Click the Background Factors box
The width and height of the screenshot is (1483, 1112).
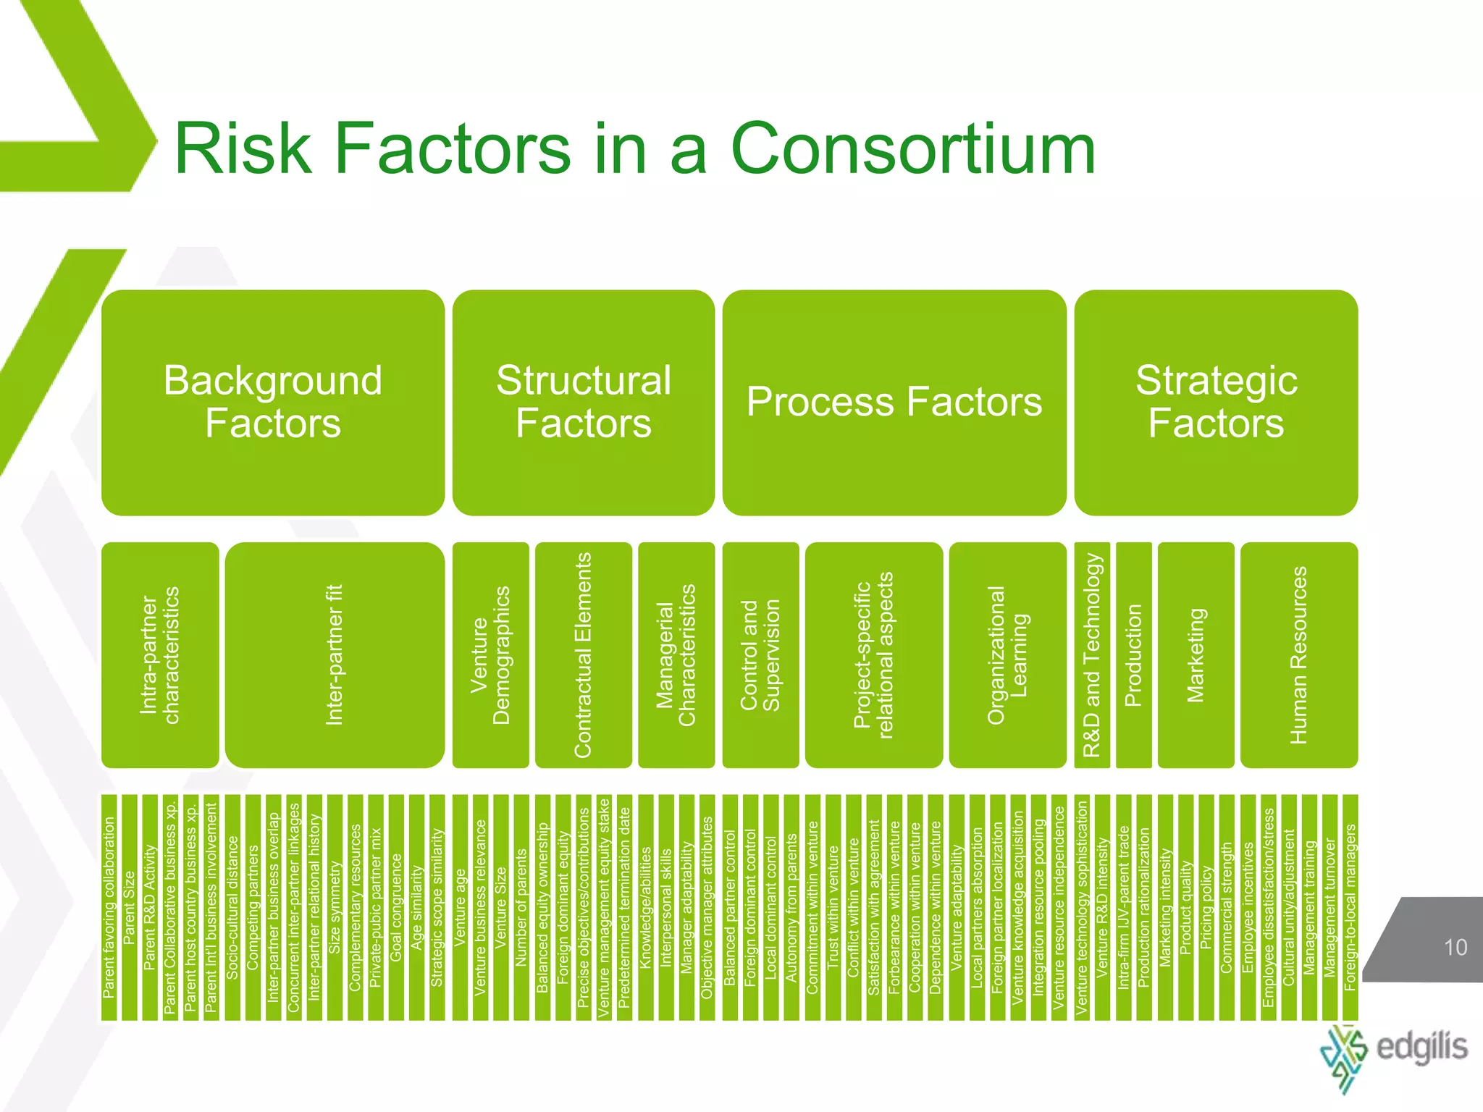(x=272, y=403)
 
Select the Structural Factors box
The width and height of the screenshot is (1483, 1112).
(x=583, y=403)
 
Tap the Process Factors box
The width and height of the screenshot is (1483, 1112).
(x=894, y=403)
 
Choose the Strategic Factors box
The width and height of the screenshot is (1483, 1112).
(x=1216, y=403)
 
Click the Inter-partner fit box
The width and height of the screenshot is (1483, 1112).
(x=335, y=654)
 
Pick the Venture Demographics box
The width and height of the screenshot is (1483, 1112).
(x=490, y=654)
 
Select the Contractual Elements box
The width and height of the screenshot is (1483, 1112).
(x=583, y=654)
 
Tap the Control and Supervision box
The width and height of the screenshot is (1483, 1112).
(x=760, y=654)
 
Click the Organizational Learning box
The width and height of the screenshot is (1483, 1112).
(x=1007, y=654)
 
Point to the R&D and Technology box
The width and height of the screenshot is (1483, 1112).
(x=1092, y=654)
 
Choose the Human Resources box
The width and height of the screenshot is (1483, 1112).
(x=1299, y=654)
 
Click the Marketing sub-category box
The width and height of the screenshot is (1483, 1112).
(x=1196, y=654)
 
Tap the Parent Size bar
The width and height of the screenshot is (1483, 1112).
(x=130, y=908)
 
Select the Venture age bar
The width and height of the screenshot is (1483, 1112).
(x=460, y=908)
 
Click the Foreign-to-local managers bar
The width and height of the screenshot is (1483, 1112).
(x=1350, y=908)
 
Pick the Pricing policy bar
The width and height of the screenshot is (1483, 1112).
(x=1206, y=908)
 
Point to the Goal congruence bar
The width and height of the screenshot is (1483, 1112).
(x=396, y=908)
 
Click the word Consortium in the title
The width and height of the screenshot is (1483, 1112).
(x=913, y=149)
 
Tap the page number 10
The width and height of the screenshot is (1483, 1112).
(x=1455, y=947)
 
